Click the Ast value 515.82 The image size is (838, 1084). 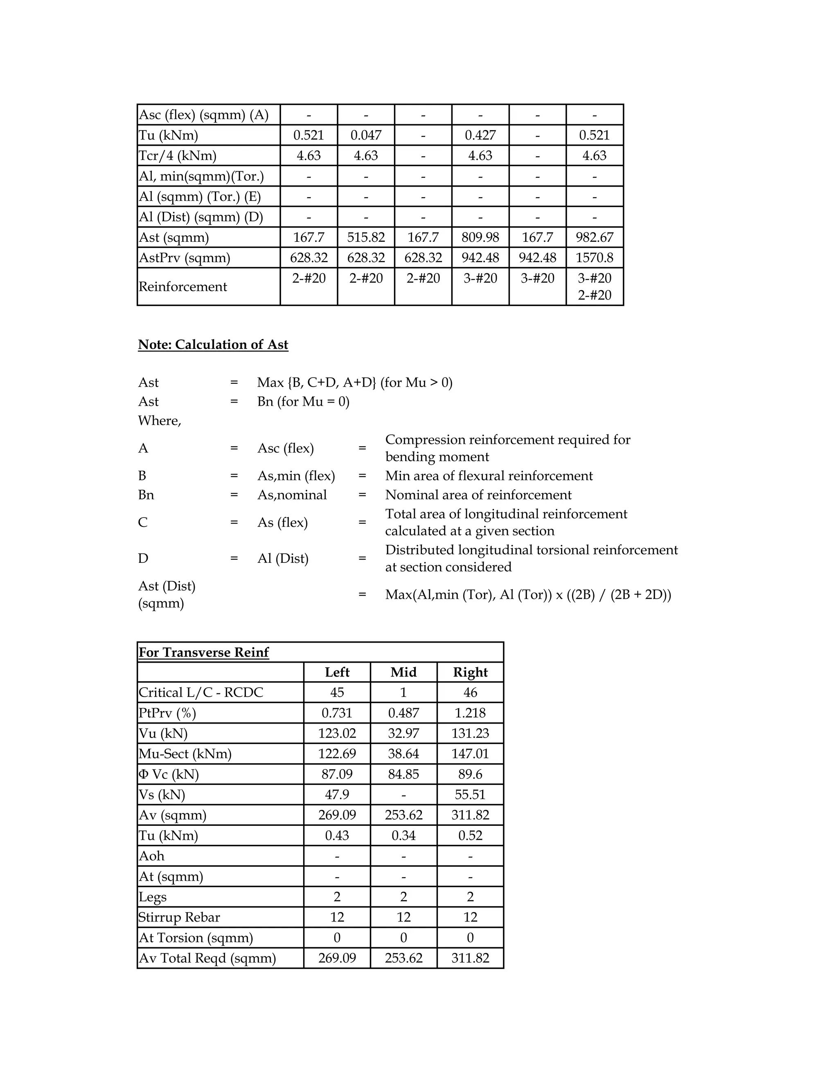366,237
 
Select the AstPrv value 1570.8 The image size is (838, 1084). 594,258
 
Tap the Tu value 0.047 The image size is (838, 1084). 366,135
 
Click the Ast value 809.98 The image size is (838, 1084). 480,237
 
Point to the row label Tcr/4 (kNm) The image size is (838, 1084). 178,156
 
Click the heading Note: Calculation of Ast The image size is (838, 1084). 213,344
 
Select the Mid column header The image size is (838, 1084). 403,672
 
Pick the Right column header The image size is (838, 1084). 470,672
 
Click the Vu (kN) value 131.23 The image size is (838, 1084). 470,733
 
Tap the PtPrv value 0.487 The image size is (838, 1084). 403,713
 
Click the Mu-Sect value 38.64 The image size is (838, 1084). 403,753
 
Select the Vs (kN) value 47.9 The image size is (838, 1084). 337,794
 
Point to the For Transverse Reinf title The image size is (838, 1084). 203,652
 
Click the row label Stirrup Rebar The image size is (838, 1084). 179,917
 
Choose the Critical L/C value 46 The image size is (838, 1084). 470,693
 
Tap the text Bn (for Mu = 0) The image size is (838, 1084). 303,402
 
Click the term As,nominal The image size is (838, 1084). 292,495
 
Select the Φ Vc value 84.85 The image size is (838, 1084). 403,774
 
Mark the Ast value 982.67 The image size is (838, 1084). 594,237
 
